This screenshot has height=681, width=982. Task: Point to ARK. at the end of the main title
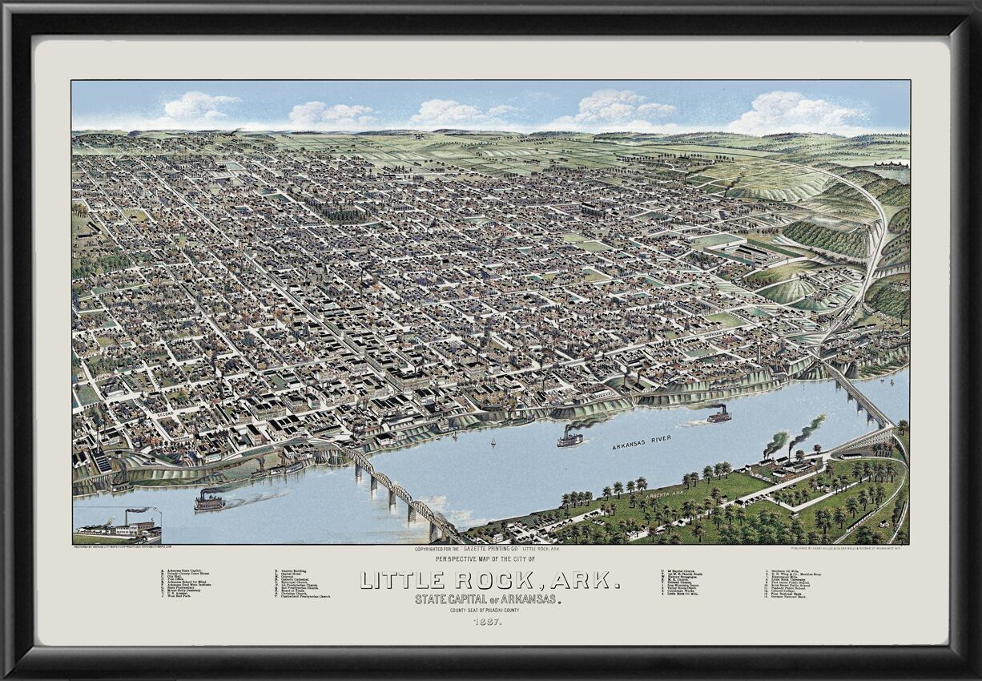point(591,580)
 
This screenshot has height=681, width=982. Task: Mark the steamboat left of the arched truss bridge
point(209,501)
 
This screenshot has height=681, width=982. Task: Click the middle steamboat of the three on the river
point(570,437)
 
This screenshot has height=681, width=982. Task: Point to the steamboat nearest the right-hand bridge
point(718,414)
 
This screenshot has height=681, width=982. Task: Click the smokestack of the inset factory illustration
point(124,517)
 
